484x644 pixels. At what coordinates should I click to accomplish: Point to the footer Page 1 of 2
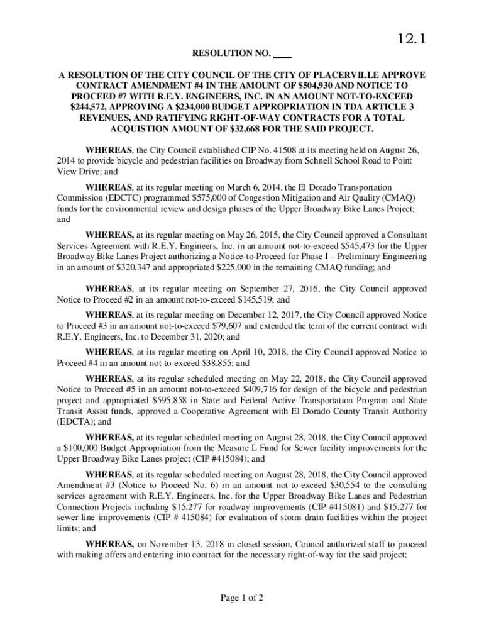(241, 597)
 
